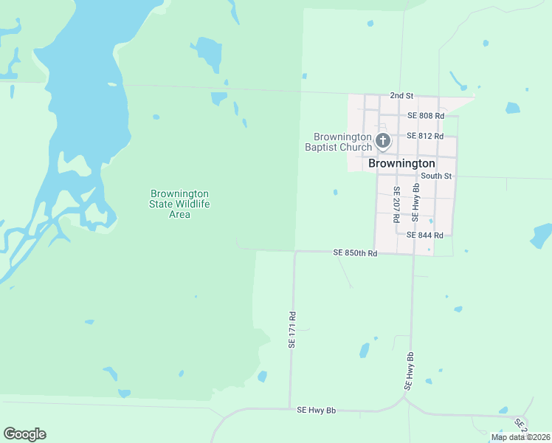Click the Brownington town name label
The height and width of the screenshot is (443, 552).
point(401,163)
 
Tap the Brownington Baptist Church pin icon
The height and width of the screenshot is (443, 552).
point(382,140)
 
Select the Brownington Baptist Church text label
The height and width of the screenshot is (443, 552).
point(343,142)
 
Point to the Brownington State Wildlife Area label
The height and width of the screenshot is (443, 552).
point(179,204)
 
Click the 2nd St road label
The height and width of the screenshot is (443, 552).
point(401,97)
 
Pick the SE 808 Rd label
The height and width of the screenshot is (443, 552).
point(425,116)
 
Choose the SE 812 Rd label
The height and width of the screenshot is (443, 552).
point(425,136)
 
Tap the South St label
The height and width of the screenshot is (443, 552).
point(435,176)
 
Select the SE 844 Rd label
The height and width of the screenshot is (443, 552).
point(424,236)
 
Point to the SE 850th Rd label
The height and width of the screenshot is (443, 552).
point(355,253)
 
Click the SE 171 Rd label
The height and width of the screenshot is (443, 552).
point(292,329)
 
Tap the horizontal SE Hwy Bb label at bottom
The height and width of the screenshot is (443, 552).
point(316,410)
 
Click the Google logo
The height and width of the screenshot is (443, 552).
point(24,434)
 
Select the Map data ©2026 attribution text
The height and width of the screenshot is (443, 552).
point(520,437)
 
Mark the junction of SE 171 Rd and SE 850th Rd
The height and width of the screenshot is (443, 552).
point(295,251)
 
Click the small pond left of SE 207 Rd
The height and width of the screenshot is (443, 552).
point(336,192)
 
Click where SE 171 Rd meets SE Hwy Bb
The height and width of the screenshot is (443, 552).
point(290,408)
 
